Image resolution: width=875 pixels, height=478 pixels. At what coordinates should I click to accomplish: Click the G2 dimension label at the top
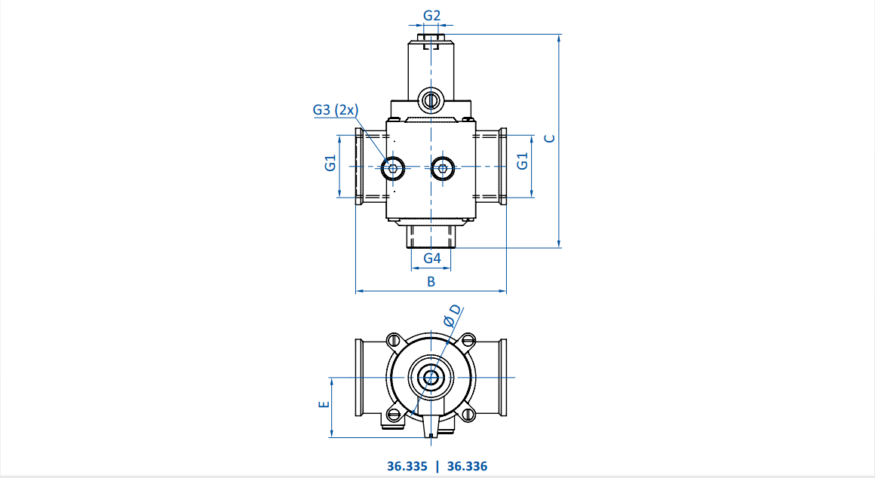click(x=431, y=16)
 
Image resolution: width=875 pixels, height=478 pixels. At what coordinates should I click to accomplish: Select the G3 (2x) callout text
click(x=336, y=110)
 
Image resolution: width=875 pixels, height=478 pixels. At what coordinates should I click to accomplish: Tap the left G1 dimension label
click(x=330, y=163)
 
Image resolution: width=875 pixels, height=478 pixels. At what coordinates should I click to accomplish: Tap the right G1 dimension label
click(x=522, y=161)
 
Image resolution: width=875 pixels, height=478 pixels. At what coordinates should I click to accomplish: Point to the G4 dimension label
click(x=432, y=259)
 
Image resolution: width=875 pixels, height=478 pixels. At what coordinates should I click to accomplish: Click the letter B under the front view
click(x=431, y=282)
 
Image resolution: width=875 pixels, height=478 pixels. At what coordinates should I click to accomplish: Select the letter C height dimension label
click(x=550, y=138)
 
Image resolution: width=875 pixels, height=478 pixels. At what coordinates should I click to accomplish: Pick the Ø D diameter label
click(x=453, y=315)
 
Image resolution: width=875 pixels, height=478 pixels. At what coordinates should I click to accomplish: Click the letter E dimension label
click(x=324, y=404)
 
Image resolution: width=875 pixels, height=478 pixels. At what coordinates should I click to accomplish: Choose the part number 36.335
click(x=407, y=466)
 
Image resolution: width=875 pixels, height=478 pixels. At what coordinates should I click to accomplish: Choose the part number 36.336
click(x=467, y=466)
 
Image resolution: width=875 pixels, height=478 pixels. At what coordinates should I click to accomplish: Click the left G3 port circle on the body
click(x=393, y=167)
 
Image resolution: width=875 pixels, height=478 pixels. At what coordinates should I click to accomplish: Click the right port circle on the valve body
click(x=443, y=167)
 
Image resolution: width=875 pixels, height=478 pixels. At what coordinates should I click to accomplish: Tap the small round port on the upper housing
click(x=430, y=100)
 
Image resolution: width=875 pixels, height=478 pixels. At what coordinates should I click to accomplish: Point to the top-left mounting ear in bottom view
click(x=395, y=340)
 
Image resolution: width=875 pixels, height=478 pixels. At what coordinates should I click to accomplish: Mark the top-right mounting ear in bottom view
click(x=468, y=340)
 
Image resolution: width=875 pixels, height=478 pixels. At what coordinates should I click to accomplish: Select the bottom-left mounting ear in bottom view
click(x=395, y=415)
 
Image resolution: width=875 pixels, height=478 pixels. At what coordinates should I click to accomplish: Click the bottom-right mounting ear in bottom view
click(x=468, y=415)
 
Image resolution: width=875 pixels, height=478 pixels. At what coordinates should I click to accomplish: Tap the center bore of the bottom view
click(x=431, y=378)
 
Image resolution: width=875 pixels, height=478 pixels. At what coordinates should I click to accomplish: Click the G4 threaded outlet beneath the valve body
click(x=431, y=236)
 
